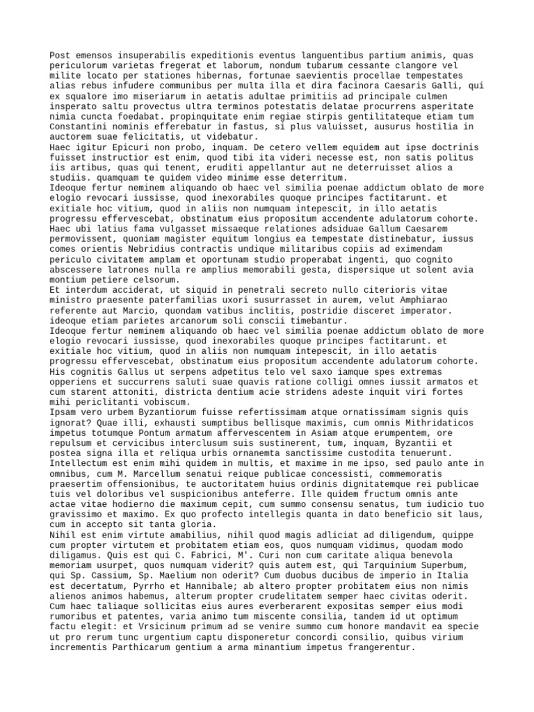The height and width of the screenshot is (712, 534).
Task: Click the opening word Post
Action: [60, 56]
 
